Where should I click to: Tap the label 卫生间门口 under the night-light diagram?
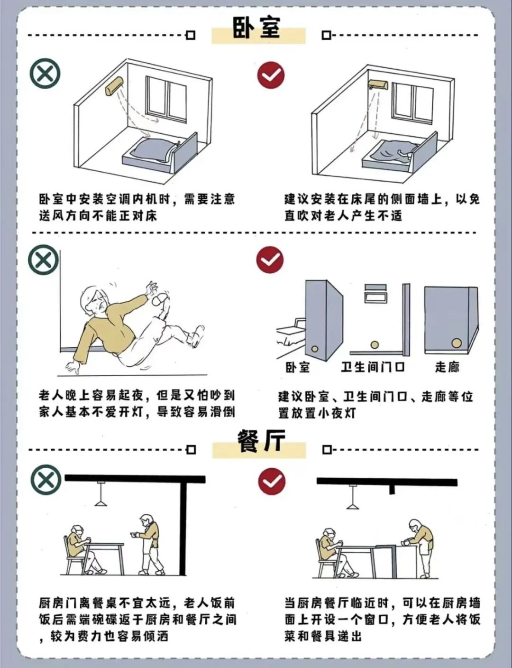pyautogui.click(x=373, y=367)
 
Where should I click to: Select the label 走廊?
pyautogui.click(x=447, y=367)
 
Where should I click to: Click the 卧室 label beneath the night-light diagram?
pyautogui.click(x=298, y=367)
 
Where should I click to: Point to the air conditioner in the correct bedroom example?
pyautogui.click(x=378, y=84)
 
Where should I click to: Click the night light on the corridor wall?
pyautogui.click(x=456, y=343)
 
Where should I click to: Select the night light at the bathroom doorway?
pyautogui.click(x=375, y=344)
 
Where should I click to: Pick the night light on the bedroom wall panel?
pyautogui.click(x=314, y=349)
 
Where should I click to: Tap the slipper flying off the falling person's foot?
pyautogui.click(x=160, y=299)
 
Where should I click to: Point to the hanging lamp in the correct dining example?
pyautogui.click(x=352, y=497)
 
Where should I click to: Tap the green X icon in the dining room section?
pyautogui.click(x=46, y=480)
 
